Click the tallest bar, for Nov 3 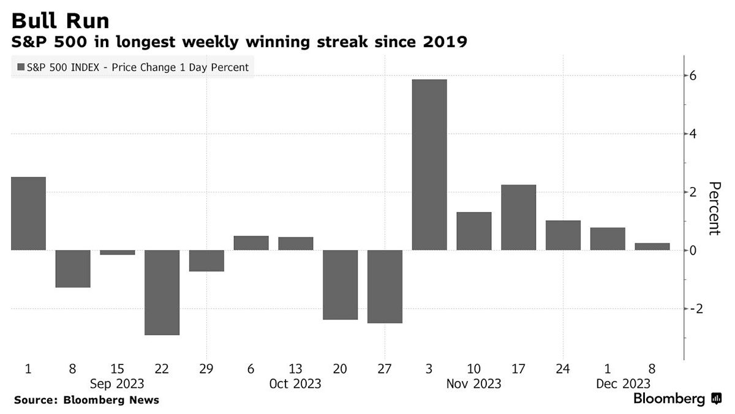click(x=429, y=164)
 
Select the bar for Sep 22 click(x=162, y=292)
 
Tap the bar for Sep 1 click(x=28, y=213)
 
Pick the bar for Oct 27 click(x=385, y=286)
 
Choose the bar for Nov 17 click(x=518, y=217)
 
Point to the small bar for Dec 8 click(x=652, y=247)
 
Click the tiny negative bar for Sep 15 click(x=117, y=252)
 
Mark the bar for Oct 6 click(x=251, y=243)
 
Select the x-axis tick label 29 click(x=206, y=369)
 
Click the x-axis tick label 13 click(x=296, y=369)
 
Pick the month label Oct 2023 click(x=295, y=384)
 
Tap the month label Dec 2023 click(x=624, y=384)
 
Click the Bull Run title click(x=60, y=21)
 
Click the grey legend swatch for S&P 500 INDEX click(x=21, y=67)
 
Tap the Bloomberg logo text click(x=669, y=399)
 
